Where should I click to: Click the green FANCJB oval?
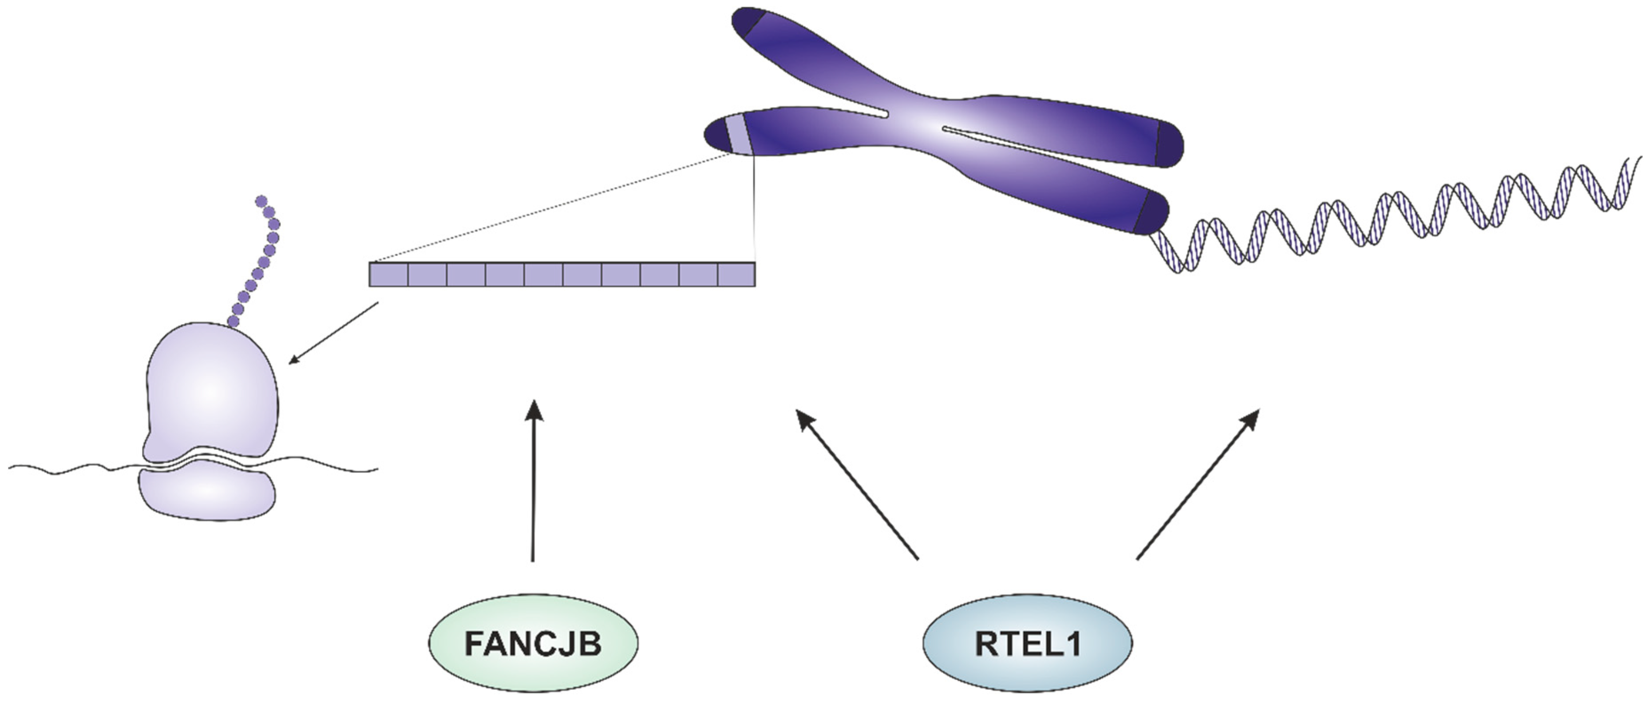[533, 643]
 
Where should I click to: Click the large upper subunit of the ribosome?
[211, 390]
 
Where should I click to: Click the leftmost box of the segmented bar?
[388, 274]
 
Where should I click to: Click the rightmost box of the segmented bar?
[736, 274]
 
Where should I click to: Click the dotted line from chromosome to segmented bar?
[556, 208]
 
